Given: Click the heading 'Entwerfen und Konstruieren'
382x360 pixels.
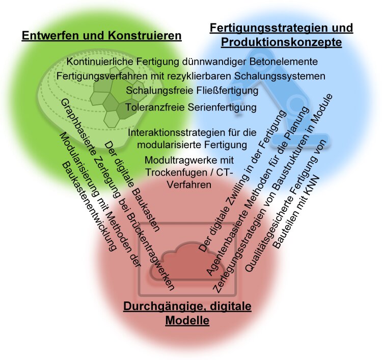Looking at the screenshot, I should (101, 36).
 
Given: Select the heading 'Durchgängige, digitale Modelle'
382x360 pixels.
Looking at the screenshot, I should (187, 314).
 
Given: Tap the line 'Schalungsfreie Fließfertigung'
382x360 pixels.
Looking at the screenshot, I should (192, 91).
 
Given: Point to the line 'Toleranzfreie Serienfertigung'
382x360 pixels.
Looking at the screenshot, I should (191, 107).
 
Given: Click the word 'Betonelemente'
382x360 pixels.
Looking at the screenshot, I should (287, 61).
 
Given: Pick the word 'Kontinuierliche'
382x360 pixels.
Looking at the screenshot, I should (96, 61).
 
